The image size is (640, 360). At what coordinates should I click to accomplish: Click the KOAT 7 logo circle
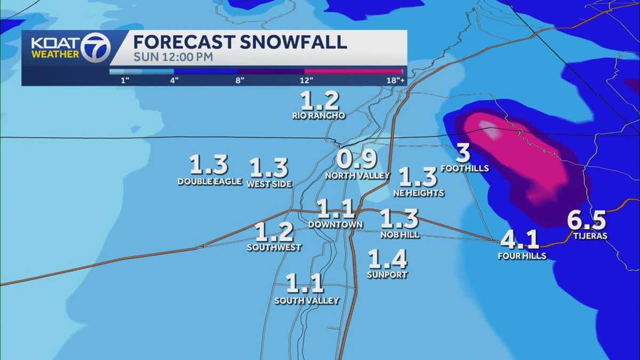pos(96,47)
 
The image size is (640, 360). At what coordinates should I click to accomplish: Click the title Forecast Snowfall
pos(239,42)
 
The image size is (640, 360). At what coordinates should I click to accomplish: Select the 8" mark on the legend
pos(239,81)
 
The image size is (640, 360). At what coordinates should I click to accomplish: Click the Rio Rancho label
pos(319,115)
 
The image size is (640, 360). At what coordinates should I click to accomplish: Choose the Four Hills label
pos(522,256)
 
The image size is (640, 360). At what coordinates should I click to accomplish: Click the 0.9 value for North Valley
pos(357,159)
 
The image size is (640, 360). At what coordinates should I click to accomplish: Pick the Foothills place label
pos(465,169)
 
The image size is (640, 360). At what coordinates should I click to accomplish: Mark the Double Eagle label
pos(210,182)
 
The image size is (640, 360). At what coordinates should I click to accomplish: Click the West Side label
pos(269,185)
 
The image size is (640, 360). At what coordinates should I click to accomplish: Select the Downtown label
pos(335,225)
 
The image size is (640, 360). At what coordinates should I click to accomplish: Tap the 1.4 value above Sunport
pos(388,259)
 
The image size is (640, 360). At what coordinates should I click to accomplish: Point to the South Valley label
pos(307,301)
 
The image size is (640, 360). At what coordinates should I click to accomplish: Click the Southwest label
pos(274,247)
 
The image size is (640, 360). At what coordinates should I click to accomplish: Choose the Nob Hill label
pos(399,235)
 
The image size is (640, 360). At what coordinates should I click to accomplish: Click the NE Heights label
pos(419,193)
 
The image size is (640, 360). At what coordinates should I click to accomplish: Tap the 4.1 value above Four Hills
pos(520,239)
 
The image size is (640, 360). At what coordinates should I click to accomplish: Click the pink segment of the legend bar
pos(353,71)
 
